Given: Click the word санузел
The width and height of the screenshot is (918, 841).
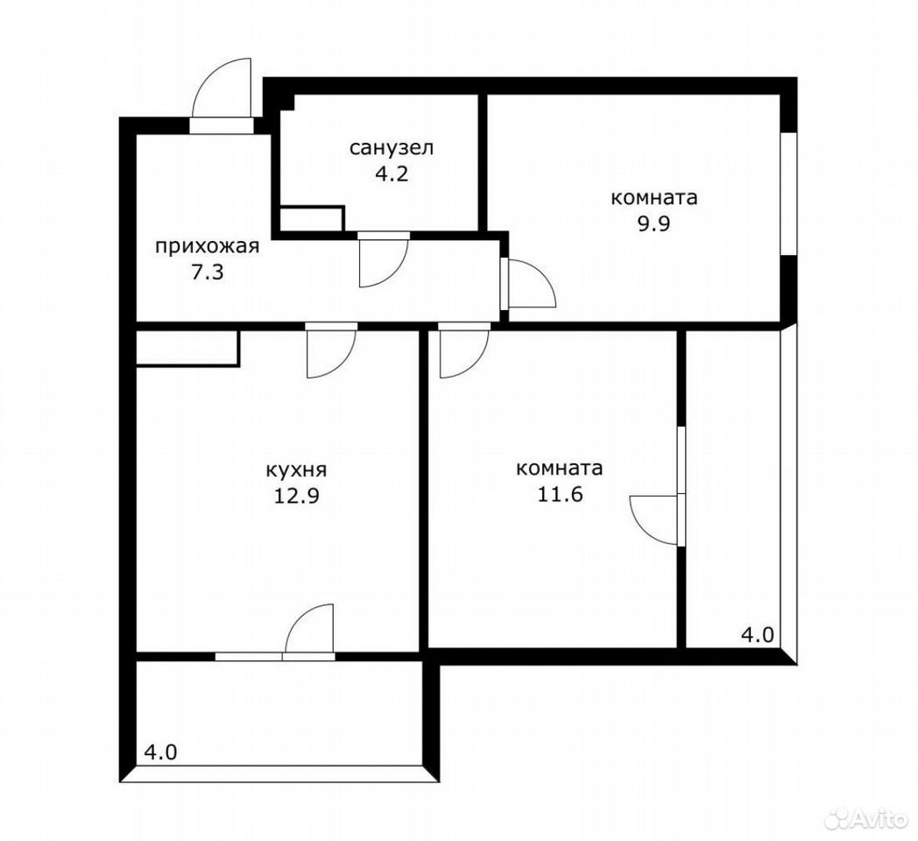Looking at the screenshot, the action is [392, 147].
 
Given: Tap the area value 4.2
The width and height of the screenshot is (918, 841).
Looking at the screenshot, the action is [392, 174].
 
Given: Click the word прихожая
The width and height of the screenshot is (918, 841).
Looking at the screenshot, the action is [207, 246].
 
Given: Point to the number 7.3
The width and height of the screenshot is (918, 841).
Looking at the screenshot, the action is [208, 272].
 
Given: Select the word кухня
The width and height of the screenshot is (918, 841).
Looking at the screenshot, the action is [296, 470].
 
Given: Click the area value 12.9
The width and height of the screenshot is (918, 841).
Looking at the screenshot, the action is [296, 496].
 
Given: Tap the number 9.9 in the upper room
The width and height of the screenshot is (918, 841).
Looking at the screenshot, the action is [654, 223].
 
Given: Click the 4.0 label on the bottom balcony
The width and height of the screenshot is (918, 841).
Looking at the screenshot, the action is [159, 752].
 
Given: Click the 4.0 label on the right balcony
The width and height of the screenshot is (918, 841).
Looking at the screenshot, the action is [758, 635].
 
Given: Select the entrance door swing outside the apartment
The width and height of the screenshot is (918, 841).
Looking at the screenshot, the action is [222, 88].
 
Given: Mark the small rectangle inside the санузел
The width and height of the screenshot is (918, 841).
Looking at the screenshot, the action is [312, 218].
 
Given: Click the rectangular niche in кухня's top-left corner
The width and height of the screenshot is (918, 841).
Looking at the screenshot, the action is [187, 349].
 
